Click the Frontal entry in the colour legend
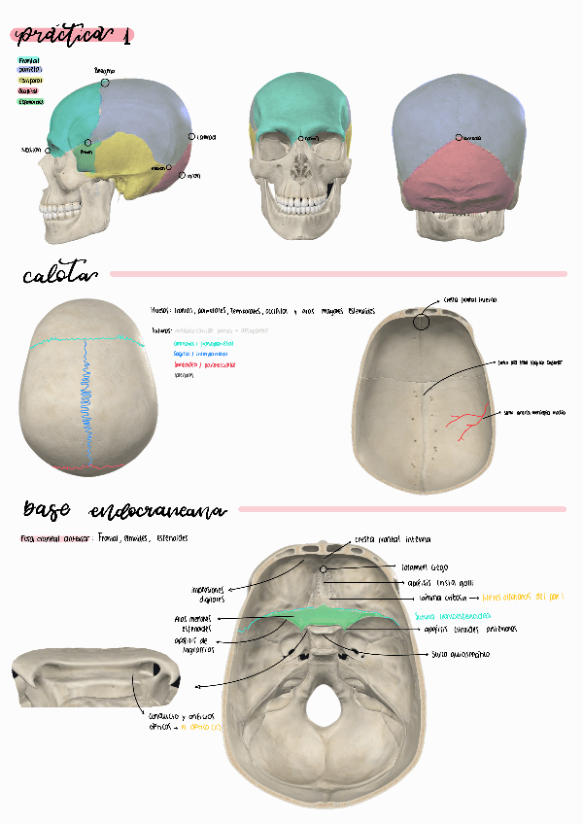coord(29,60)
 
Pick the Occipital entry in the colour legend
coord(29,90)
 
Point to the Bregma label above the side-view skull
coord(104,72)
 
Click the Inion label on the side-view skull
coord(192,176)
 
